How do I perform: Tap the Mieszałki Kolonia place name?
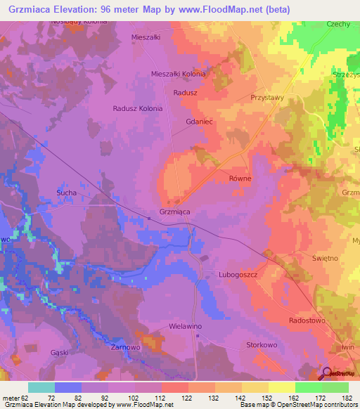[x=179, y=74]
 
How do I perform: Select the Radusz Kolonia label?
[x=138, y=109]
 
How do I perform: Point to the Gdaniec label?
[x=199, y=122]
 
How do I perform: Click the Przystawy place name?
[x=267, y=98]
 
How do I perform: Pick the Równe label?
[x=240, y=178]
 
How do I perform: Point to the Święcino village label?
[x=325, y=259]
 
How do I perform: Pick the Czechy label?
[x=338, y=24]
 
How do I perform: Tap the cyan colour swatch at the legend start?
[x=41, y=387]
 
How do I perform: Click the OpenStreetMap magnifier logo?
[x=327, y=374]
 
